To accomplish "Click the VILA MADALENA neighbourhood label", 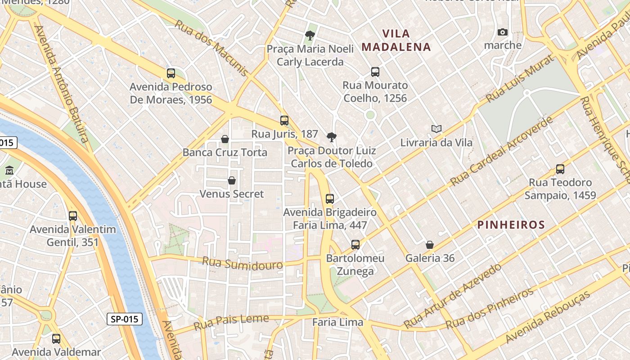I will pos(396,40).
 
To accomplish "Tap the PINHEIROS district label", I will pos(511,225).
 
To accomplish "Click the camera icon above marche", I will pos(503,32).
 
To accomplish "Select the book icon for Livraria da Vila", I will pos(436,129).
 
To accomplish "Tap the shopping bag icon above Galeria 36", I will pos(430,245).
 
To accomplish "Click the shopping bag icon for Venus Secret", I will pos(232,181).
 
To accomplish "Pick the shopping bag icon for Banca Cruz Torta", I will pos(225,139).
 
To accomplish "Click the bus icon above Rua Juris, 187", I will pos(284,121).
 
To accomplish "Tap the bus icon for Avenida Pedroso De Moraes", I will pos(171,73).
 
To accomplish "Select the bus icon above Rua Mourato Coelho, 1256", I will pos(375,72).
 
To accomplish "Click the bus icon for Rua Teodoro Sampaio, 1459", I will pos(560,169).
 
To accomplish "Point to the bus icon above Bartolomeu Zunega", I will pos(355,245).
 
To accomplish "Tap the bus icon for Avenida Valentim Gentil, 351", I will pos(73,216).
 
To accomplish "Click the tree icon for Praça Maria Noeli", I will pos(310,35).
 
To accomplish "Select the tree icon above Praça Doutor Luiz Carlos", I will pos(332,137).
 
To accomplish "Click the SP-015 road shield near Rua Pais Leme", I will pos(125,319).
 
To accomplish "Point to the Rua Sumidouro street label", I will pos(242,263).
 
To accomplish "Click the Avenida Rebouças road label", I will pos(547,317).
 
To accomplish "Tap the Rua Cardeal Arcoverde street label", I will pos(501,152).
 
